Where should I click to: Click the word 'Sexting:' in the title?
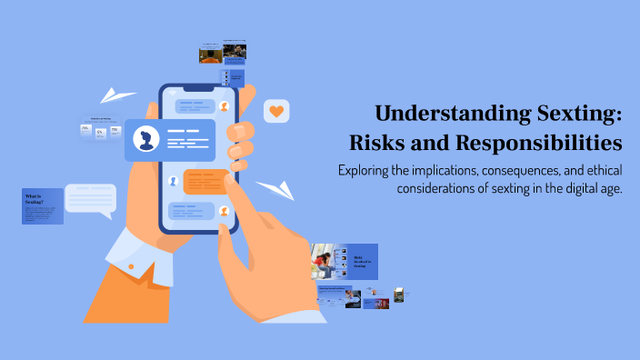[x=578, y=115]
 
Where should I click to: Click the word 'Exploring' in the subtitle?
[x=366, y=170]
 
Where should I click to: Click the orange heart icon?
[x=276, y=112]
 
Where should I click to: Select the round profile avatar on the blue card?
[x=145, y=140]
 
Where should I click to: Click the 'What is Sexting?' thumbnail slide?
[x=42, y=206]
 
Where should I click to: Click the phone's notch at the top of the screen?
[x=198, y=91]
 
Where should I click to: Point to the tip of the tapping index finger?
[x=222, y=175]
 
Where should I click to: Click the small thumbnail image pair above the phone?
[x=223, y=54]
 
